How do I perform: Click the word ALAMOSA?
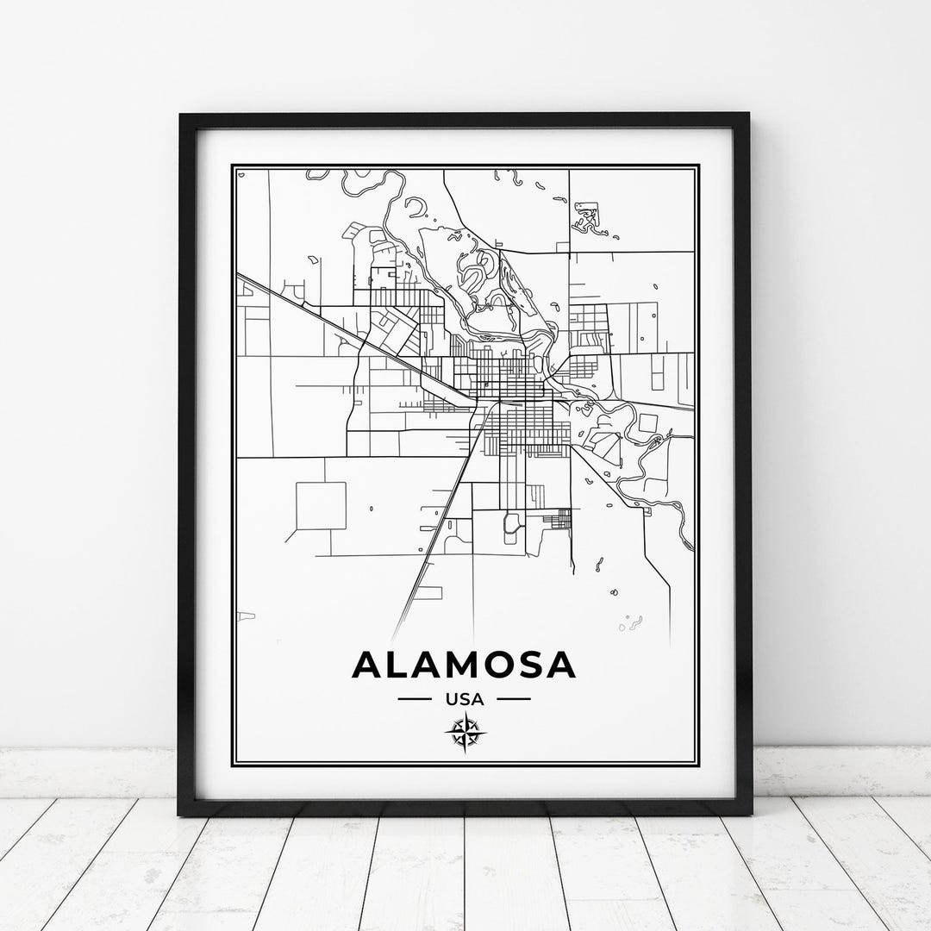(464, 665)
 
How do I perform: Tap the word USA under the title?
(465, 699)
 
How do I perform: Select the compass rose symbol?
(465, 734)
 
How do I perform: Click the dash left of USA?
(415, 699)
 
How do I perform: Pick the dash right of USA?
(515, 699)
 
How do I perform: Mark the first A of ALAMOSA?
(368, 665)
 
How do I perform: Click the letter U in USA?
(451, 699)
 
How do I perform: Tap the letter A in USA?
(478, 699)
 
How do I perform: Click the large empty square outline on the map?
(321, 505)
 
